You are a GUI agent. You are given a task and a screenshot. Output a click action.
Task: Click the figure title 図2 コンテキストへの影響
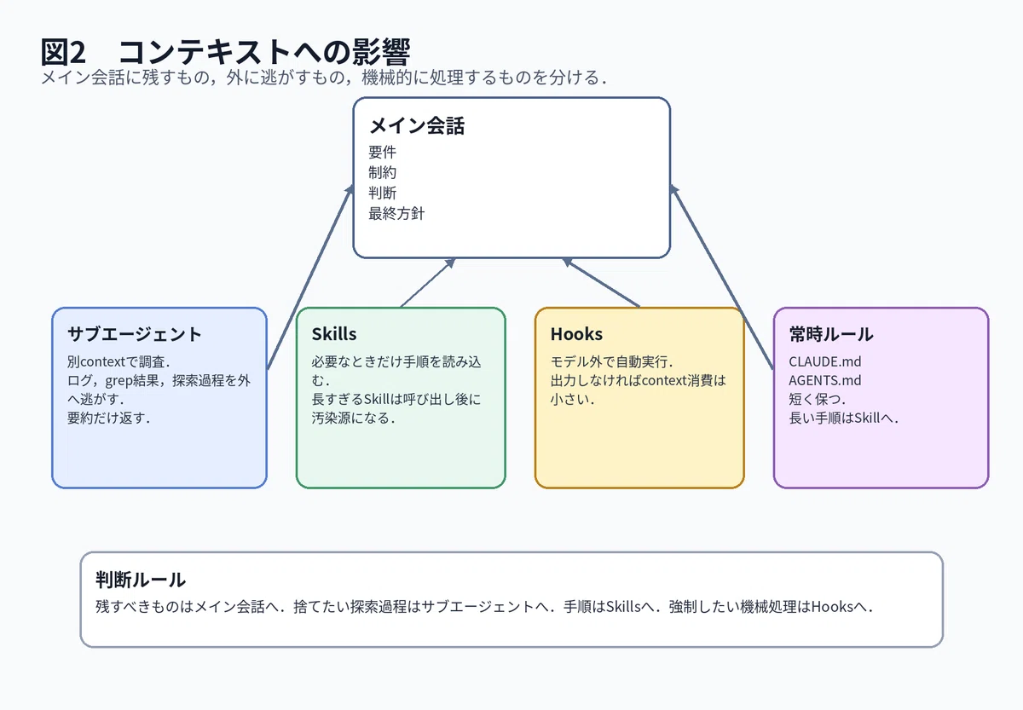pyautogui.click(x=225, y=51)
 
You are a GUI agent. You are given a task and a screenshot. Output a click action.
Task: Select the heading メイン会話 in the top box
pyautogui.click(x=417, y=125)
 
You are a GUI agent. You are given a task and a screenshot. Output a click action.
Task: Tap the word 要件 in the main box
pyautogui.click(x=382, y=152)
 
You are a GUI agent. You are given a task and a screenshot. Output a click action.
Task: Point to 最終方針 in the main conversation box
pyautogui.click(x=396, y=213)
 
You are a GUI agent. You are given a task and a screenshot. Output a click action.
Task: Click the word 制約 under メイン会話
pyautogui.click(x=382, y=172)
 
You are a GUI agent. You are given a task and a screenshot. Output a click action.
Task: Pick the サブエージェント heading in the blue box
pyautogui.click(x=135, y=334)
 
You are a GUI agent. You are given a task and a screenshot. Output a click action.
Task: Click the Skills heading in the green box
pyautogui.click(x=334, y=334)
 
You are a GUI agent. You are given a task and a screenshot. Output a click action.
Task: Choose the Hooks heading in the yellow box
pyautogui.click(x=576, y=334)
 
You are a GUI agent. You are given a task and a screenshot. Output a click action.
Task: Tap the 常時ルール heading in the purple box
pyautogui.click(x=830, y=334)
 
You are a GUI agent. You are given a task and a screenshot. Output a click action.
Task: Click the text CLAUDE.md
pyautogui.click(x=825, y=361)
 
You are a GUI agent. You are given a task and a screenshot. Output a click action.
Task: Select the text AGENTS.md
pyautogui.click(x=825, y=380)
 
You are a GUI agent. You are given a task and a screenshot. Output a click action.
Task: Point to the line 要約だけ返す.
pyautogui.click(x=109, y=418)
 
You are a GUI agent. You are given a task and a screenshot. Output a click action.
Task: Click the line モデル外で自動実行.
pyautogui.click(x=611, y=361)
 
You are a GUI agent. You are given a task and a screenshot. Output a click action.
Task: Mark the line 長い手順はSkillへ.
pyautogui.click(x=843, y=418)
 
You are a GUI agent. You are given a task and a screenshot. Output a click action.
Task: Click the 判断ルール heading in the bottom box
pyautogui.click(x=141, y=580)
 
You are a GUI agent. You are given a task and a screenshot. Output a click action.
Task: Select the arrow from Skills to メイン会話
pyautogui.click(x=428, y=283)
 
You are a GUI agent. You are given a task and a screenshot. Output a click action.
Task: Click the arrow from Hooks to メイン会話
pyautogui.click(x=601, y=283)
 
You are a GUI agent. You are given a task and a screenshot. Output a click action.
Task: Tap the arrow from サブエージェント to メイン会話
pyautogui.click(x=310, y=277)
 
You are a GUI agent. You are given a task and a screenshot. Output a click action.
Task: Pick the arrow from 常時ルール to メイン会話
pyautogui.click(x=721, y=277)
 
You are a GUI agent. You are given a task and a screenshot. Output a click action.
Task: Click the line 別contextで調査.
pyautogui.click(x=118, y=361)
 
